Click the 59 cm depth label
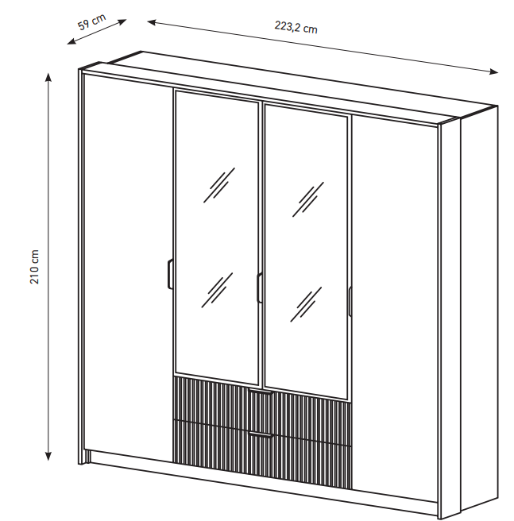tap(91, 22)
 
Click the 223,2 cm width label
tap(296, 27)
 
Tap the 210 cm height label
tap(35, 267)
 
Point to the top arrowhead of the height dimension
tap(48, 77)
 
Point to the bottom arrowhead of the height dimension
tap(48, 456)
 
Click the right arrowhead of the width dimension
tap(493, 71)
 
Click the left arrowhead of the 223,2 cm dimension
tap(152, 22)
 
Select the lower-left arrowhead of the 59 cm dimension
tap(71, 41)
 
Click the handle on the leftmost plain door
tap(170, 274)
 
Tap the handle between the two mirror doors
tap(259, 288)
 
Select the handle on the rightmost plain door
tap(350, 301)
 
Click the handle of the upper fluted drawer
tap(261, 392)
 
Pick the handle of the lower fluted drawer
tap(261, 434)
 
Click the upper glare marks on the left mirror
tap(219, 185)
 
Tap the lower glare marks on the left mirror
tap(217, 290)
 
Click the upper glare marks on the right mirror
tap(308, 199)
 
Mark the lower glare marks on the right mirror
tap(306, 304)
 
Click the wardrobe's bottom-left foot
tap(84, 457)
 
